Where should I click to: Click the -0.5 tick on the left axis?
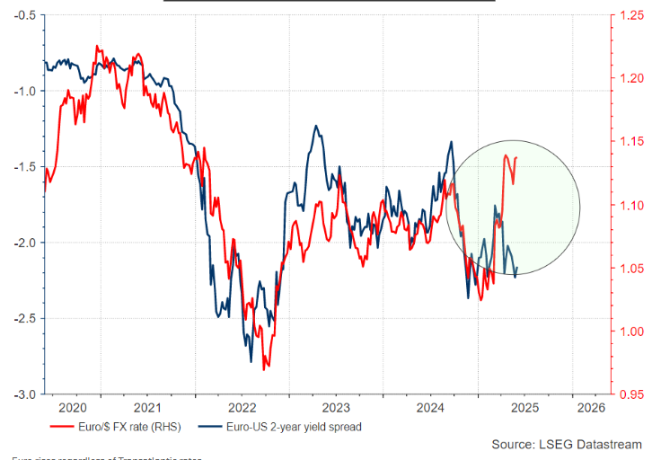tap(24, 15)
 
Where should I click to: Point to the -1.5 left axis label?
tap(24, 167)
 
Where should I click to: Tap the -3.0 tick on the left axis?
tap(24, 394)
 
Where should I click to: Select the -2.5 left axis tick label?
tap(24, 319)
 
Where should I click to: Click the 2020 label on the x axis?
tap(71, 407)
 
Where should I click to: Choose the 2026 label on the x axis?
tap(589, 407)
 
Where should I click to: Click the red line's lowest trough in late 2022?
tap(264, 369)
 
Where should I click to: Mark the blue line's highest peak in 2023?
tap(316, 127)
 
